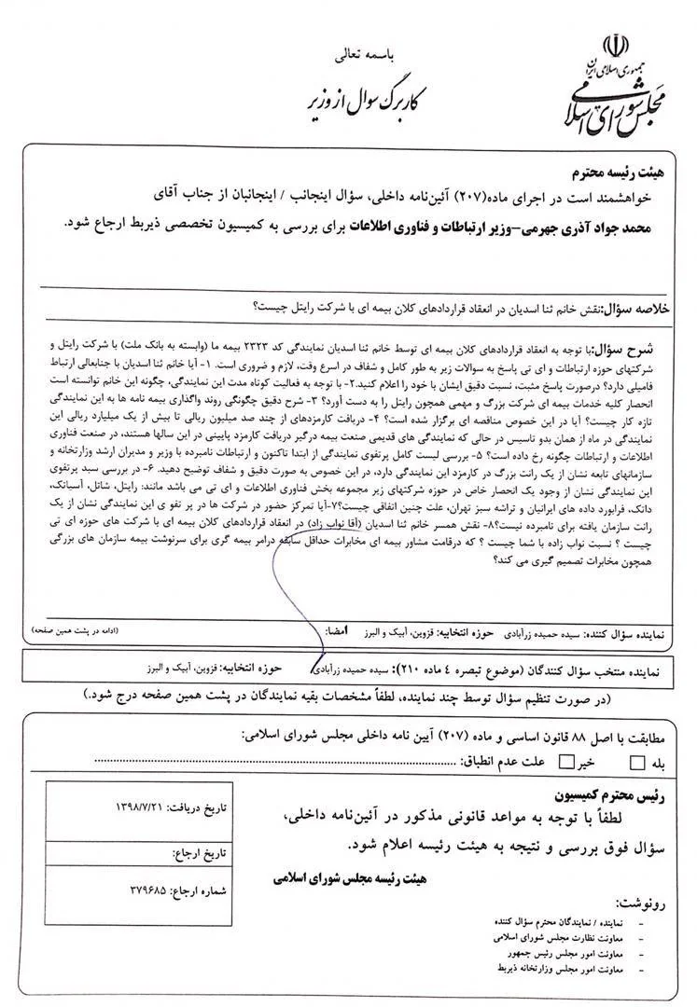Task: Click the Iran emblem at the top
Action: point(615,46)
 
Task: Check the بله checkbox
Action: point(636,762)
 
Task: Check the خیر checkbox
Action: point(564,762)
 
